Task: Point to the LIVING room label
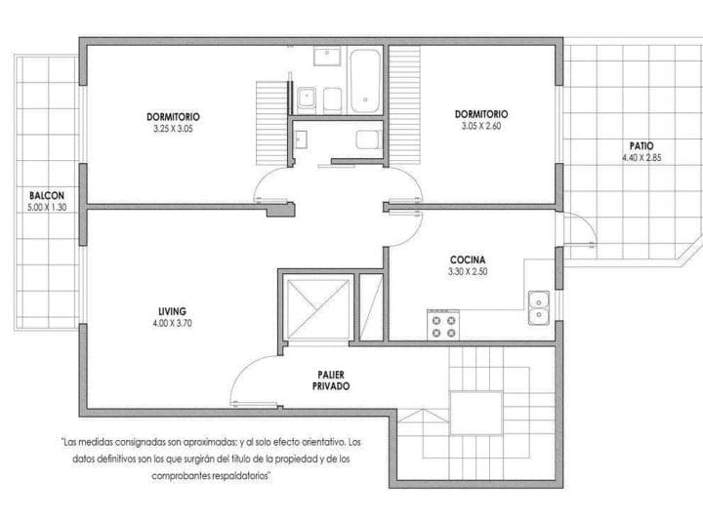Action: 172,311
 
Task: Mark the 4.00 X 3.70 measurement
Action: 172,323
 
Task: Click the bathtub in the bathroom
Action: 365,79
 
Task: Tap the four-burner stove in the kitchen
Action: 442,325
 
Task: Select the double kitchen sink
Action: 538,308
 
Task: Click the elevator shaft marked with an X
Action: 315,308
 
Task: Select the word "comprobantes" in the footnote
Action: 181,475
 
